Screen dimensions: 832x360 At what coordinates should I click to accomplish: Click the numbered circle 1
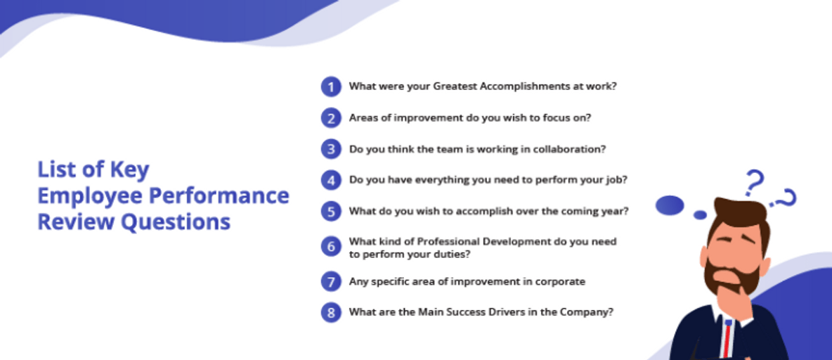(331, 86)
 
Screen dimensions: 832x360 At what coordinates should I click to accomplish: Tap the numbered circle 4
(331, 180)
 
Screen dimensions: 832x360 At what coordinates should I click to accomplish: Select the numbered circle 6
(331, 246)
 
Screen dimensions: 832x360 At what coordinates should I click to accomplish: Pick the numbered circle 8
(331, 313)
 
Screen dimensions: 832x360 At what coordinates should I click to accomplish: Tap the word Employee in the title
(90, 195)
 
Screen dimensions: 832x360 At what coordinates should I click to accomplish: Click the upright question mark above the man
(753, 182)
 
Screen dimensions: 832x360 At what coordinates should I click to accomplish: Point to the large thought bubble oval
(670, 205)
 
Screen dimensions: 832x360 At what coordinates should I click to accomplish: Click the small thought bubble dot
(701, 215)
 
